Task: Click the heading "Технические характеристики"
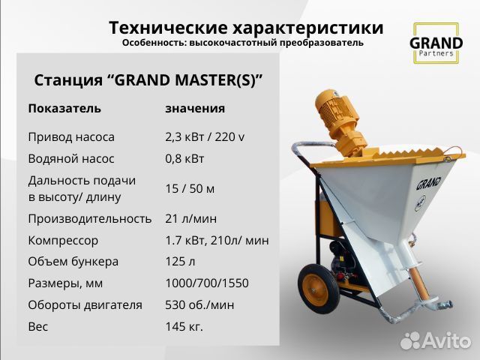pos(246,28)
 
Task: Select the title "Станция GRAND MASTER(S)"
pos(148,79)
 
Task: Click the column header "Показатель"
pos(64,108)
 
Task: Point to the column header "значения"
pos(195,108)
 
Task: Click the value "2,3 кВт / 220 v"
pos(205,137)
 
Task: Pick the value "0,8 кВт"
pos(184,159)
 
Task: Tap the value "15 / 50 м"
pos(190,188)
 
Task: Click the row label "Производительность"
pos(90,218)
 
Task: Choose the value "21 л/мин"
pos(190,218)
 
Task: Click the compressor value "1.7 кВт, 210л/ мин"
pos(217,240)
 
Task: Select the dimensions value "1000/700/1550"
pos(206,283)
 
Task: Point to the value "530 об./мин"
pos(200,305)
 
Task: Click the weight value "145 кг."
pos(184,327)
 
